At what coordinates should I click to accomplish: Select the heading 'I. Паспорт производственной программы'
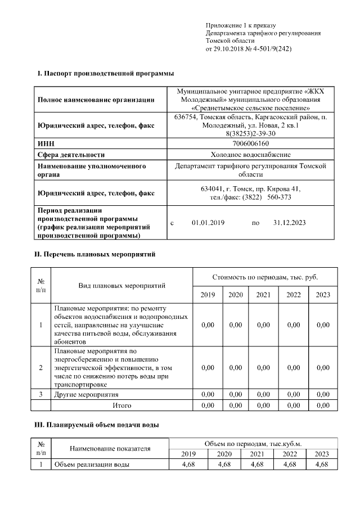coord(105,74)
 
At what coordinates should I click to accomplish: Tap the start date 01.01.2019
coord(208,223)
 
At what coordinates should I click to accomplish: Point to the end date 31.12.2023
coord(289,223)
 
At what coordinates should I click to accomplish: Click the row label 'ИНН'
coord(46,144)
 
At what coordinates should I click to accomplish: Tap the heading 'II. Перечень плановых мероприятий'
coord(95,254)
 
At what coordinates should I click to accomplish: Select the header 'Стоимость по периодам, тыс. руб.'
coord(265,277)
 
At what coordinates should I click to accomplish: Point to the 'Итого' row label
coord(122,404)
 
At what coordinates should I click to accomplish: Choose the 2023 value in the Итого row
coord(323,404)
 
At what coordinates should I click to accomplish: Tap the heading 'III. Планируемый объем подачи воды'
coord(97,425)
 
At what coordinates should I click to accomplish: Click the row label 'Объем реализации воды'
coord(92,465)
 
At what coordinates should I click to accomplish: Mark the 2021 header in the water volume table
coord(256,454)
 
